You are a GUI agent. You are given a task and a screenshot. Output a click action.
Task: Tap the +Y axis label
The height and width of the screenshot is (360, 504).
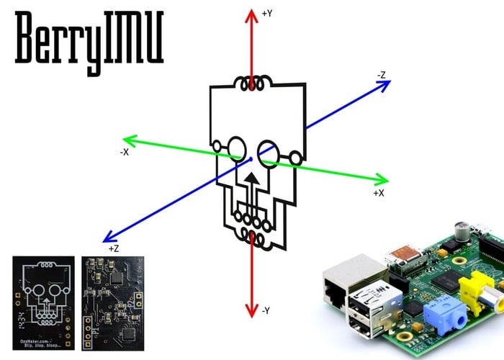[x=267, y=13]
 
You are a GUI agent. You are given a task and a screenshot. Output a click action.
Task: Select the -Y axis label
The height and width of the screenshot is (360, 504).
[x=266, y=310]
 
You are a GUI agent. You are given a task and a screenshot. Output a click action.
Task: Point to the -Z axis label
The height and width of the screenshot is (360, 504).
[x=382, y=74]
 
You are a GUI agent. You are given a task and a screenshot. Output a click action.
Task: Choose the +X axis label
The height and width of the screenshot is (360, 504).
[x=379, y=193]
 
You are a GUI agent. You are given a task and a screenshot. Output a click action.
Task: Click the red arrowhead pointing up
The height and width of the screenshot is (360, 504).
[x=251, y=15]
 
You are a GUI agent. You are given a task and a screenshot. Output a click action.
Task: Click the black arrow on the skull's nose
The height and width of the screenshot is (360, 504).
[x=251, y=177]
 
